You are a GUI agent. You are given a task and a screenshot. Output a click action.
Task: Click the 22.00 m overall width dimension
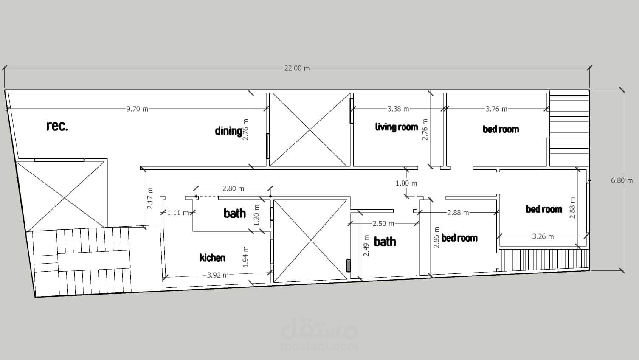pos(297,68)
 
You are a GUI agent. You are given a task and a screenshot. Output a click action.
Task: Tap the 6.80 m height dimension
pos(622,180)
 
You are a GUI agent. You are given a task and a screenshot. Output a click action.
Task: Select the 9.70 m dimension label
pos(137,109)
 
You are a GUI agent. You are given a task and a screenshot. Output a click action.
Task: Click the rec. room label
pos(57,126)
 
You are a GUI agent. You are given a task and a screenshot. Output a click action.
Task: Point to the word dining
pos(228,131)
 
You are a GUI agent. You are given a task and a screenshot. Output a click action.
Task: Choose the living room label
pos(397,127)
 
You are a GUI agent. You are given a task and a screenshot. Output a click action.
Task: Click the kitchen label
pos(212,258)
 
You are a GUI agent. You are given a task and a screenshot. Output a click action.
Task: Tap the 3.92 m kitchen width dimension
pos(218,275)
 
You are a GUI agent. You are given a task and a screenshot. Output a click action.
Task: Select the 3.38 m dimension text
pos(398,109)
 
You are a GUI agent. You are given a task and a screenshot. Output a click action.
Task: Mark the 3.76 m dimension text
pos(496,109)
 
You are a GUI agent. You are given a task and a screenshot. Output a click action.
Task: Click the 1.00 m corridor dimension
pos(406,183)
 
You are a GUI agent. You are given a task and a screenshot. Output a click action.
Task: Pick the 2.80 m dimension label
pos(233,188)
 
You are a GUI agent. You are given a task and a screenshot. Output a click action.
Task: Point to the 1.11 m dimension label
pos(178,213)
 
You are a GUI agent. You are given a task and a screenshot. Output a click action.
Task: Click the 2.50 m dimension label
pos(383,224)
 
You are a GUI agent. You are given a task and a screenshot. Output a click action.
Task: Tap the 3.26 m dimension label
pos(543,236)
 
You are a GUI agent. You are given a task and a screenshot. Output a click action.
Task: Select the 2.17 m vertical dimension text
pos(150,198)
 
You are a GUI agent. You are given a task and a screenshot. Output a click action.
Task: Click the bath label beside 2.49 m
pos(385,242)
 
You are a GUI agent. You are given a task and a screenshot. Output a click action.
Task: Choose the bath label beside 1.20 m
pos(234,213)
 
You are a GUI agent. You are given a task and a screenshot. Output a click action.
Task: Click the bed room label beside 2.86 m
pos(459,238)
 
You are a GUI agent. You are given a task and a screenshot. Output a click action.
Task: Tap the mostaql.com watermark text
pos(319,347)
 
